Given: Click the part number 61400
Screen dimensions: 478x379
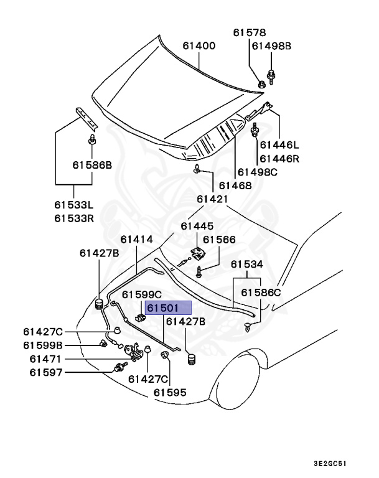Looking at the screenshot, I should point(199,45).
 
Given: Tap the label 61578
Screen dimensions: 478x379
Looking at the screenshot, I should point(250,33).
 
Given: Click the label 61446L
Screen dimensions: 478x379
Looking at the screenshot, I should point(279,145).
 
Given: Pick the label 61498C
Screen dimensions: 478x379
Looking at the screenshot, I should point(277,172).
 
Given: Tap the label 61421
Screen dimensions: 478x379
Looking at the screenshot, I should point(213,199).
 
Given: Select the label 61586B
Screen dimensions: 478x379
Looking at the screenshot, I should point(91,165).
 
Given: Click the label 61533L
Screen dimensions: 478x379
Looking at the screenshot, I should point(73,205).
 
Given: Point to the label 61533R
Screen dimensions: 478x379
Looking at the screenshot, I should point(73,218).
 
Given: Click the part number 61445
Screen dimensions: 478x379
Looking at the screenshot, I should point(197,226).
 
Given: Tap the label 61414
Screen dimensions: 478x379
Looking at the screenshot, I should point(137,239).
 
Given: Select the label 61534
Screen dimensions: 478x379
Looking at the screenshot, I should point(248,265).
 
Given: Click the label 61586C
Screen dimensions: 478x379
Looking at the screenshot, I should point(261,292).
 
